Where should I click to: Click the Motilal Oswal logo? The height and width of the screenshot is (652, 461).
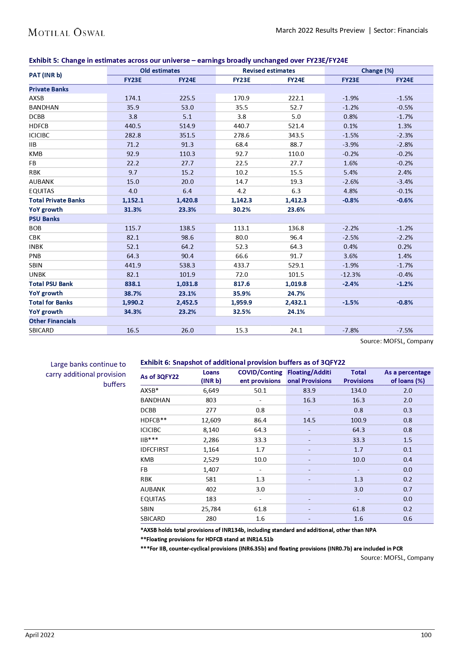(66, 32)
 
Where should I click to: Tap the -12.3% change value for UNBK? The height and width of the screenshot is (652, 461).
(350, 275)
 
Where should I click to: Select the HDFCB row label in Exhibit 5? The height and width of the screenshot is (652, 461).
(39, 126)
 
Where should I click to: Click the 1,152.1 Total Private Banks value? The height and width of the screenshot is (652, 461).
(133, 200)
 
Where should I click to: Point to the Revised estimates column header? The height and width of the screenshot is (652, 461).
(269, 71)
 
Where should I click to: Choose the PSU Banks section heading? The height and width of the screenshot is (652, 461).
(44, 219)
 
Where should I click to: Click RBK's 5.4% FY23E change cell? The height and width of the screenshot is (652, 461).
(350, 172)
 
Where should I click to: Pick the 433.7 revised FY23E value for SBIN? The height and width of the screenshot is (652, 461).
(241, 265)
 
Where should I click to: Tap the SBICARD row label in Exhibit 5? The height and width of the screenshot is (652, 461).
(41, 330)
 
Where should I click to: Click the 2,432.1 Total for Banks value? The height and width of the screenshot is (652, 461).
(296, 302)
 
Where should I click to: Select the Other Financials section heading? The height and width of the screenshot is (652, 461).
(52, 321)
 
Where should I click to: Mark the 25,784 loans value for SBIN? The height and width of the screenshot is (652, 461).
(211, 509)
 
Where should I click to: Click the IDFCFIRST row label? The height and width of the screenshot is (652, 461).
(155, 450)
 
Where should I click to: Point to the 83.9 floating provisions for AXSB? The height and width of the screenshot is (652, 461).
(309, 390)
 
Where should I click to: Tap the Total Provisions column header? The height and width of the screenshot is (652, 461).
(358, 376)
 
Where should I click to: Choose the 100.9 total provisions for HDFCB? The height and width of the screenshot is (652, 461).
(358, 420)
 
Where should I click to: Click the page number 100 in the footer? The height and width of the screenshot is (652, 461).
(426, 635)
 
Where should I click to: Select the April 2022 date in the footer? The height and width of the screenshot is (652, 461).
(40, 635)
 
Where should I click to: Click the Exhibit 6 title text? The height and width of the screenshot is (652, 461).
(243, 362)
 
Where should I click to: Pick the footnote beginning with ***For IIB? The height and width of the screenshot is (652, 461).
(271, 548)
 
